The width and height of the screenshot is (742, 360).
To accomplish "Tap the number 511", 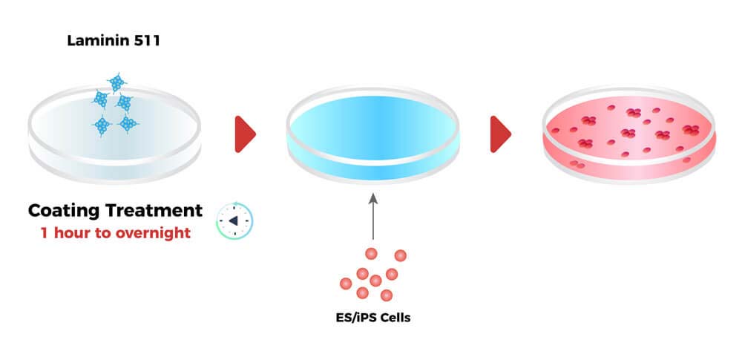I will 144,41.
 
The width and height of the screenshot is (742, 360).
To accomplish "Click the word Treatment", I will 157,210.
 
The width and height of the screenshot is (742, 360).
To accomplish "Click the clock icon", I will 234,220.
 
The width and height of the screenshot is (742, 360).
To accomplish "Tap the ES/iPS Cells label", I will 372,318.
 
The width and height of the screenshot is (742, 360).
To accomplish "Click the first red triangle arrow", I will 244,134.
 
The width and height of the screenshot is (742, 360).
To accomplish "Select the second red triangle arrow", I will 500,134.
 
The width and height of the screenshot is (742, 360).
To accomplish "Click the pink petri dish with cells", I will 628,134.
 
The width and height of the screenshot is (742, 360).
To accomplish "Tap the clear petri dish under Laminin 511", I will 115,134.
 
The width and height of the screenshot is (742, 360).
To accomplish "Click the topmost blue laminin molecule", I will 116,82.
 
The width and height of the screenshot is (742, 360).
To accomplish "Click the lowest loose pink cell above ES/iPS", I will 386,295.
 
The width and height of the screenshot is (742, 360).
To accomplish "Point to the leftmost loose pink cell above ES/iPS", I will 345,283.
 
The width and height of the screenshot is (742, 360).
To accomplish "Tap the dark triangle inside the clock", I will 233,221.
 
